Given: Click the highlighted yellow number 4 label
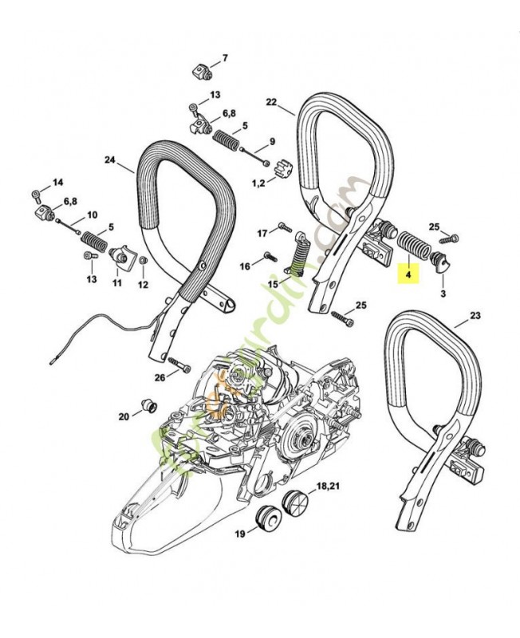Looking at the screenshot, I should coord(408,274).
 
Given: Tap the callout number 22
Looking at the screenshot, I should coord(271,103).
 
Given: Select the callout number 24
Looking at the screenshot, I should coord(109,159).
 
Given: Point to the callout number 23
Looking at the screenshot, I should coord(475,316).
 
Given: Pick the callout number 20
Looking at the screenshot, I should coord(124,416).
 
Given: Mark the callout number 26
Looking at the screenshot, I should coord(160,377).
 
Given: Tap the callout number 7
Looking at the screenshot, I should coord(224,58).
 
